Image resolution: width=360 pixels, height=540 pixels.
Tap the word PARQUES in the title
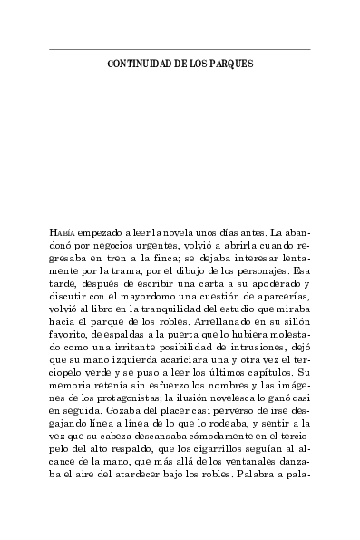point(231,64)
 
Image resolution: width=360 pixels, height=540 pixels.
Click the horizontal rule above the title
point(180,49)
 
